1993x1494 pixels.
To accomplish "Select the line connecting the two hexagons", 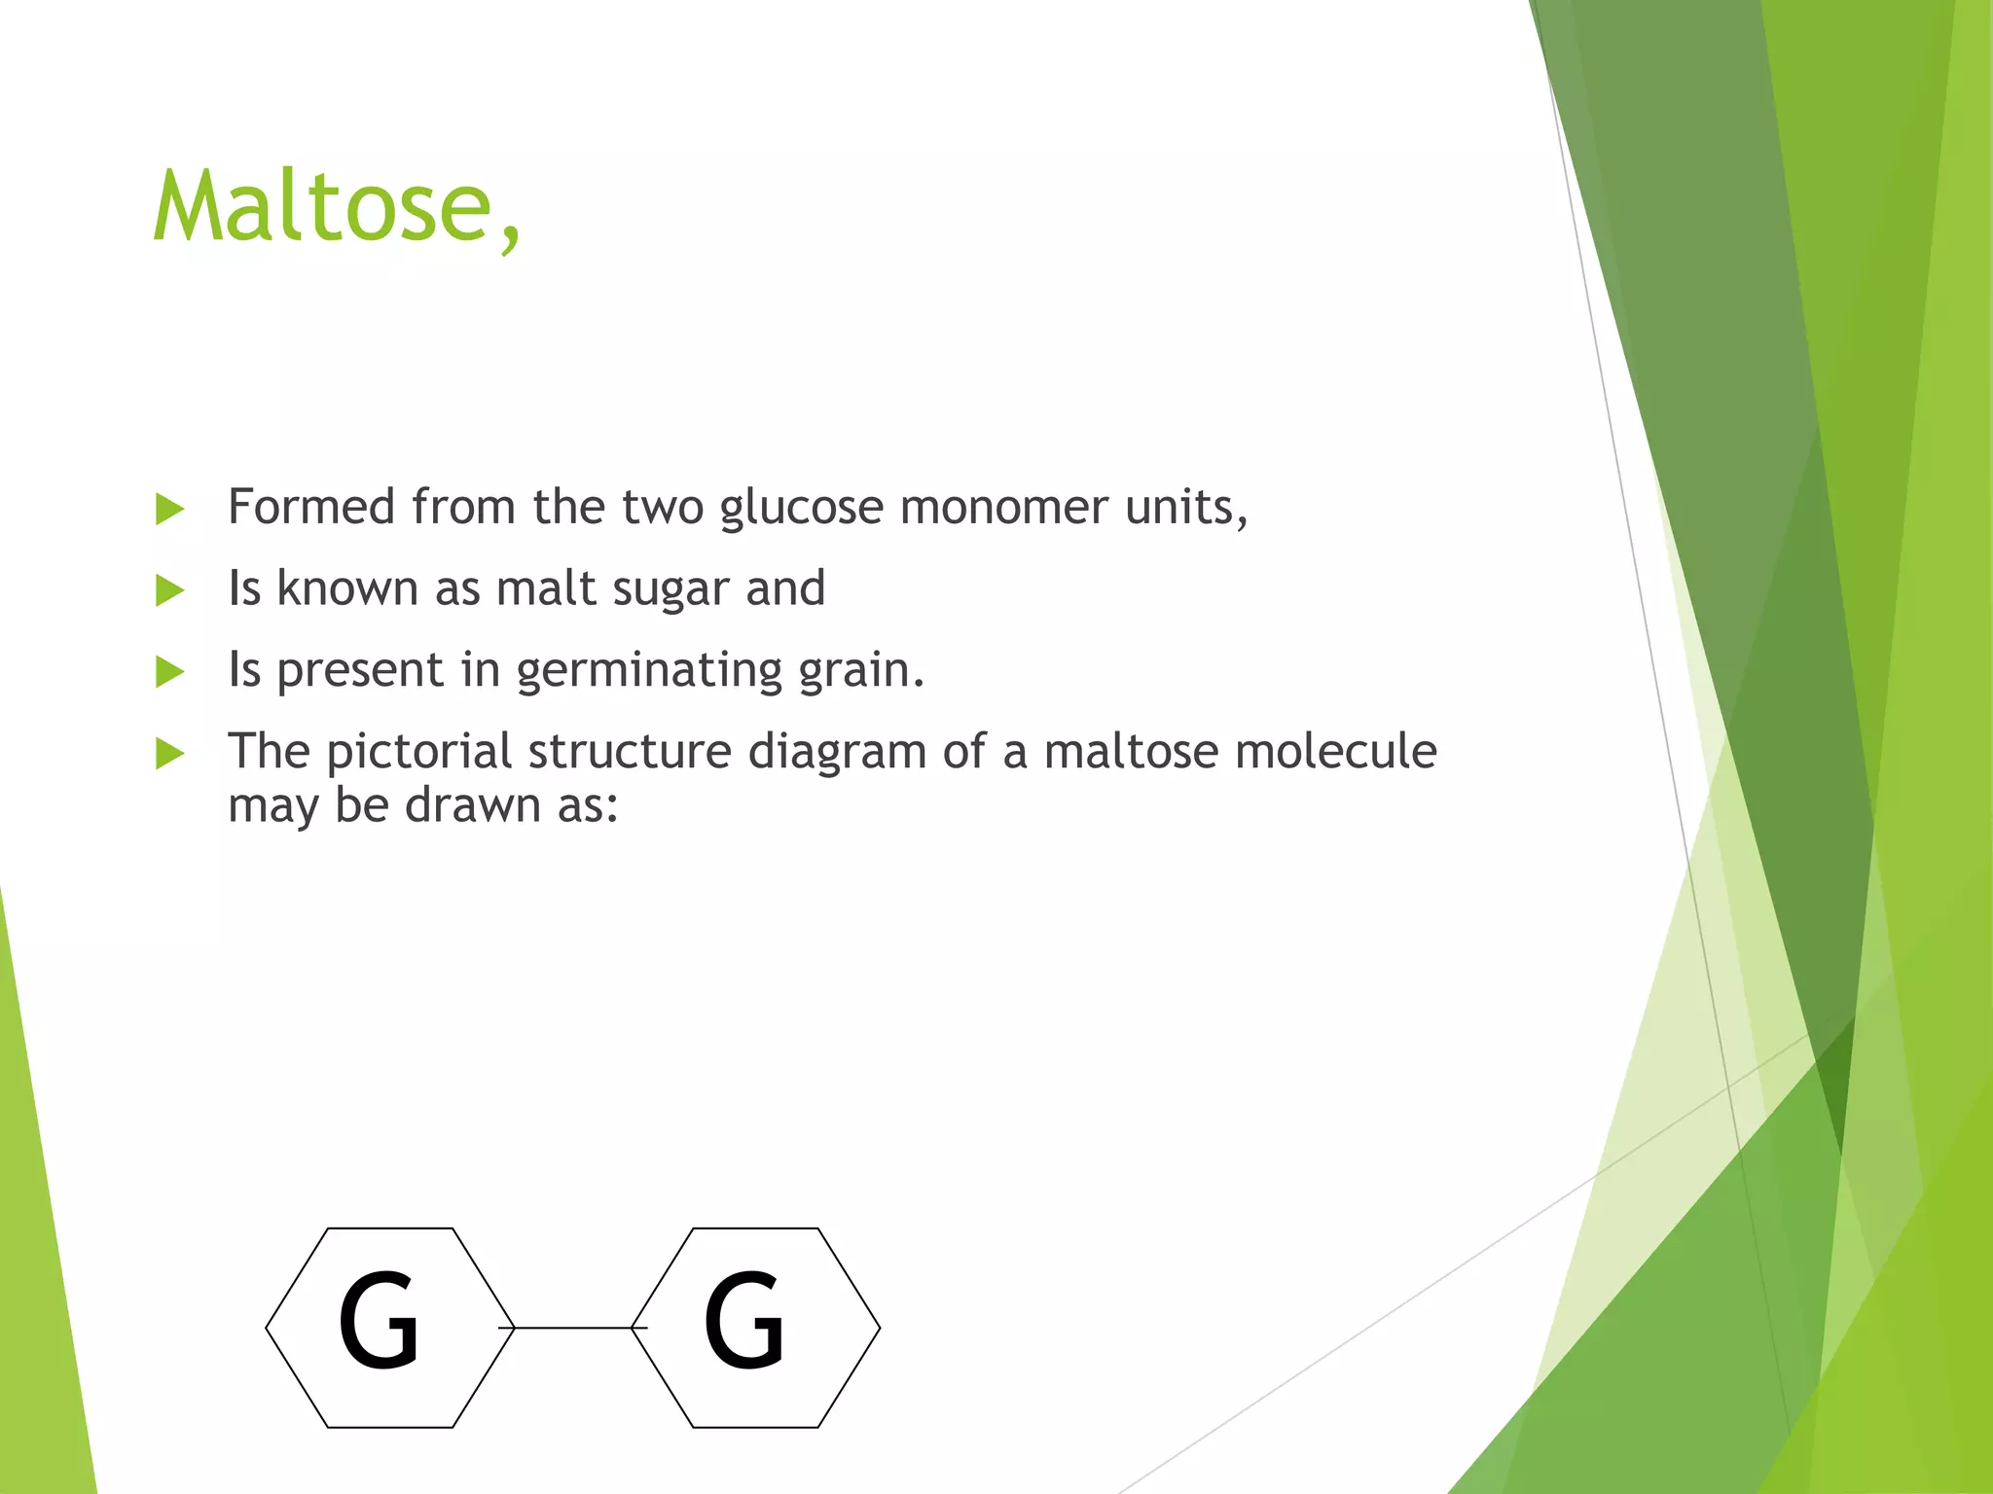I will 573,1328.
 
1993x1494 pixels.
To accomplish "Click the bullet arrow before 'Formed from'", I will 169,509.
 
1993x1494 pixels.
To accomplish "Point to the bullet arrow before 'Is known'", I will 169,590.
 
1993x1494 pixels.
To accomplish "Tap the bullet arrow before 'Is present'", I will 169,672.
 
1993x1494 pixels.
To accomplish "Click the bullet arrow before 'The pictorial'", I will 169,754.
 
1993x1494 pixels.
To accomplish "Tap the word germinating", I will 649,671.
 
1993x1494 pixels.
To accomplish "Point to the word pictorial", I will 418,752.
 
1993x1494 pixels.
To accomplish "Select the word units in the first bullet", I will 1185,507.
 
